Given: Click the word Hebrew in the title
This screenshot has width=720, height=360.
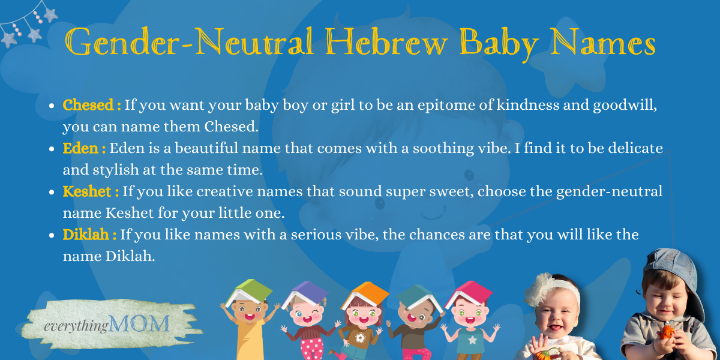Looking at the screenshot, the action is point(386,43).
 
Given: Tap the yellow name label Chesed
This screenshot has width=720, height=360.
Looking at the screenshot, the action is point(88,105).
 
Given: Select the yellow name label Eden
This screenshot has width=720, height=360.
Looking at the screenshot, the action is point(80,148).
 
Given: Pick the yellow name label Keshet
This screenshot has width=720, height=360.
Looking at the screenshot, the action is point(87,191).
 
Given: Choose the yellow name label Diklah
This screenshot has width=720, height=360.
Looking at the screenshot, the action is point(85,235).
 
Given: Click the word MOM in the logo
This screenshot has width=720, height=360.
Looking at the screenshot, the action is point(139,323).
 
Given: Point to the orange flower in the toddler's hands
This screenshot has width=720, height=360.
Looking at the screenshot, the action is point(667,332).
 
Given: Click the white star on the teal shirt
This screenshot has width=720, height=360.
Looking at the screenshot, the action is point(472,340).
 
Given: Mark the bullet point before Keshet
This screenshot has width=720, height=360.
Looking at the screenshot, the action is point(52,192).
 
